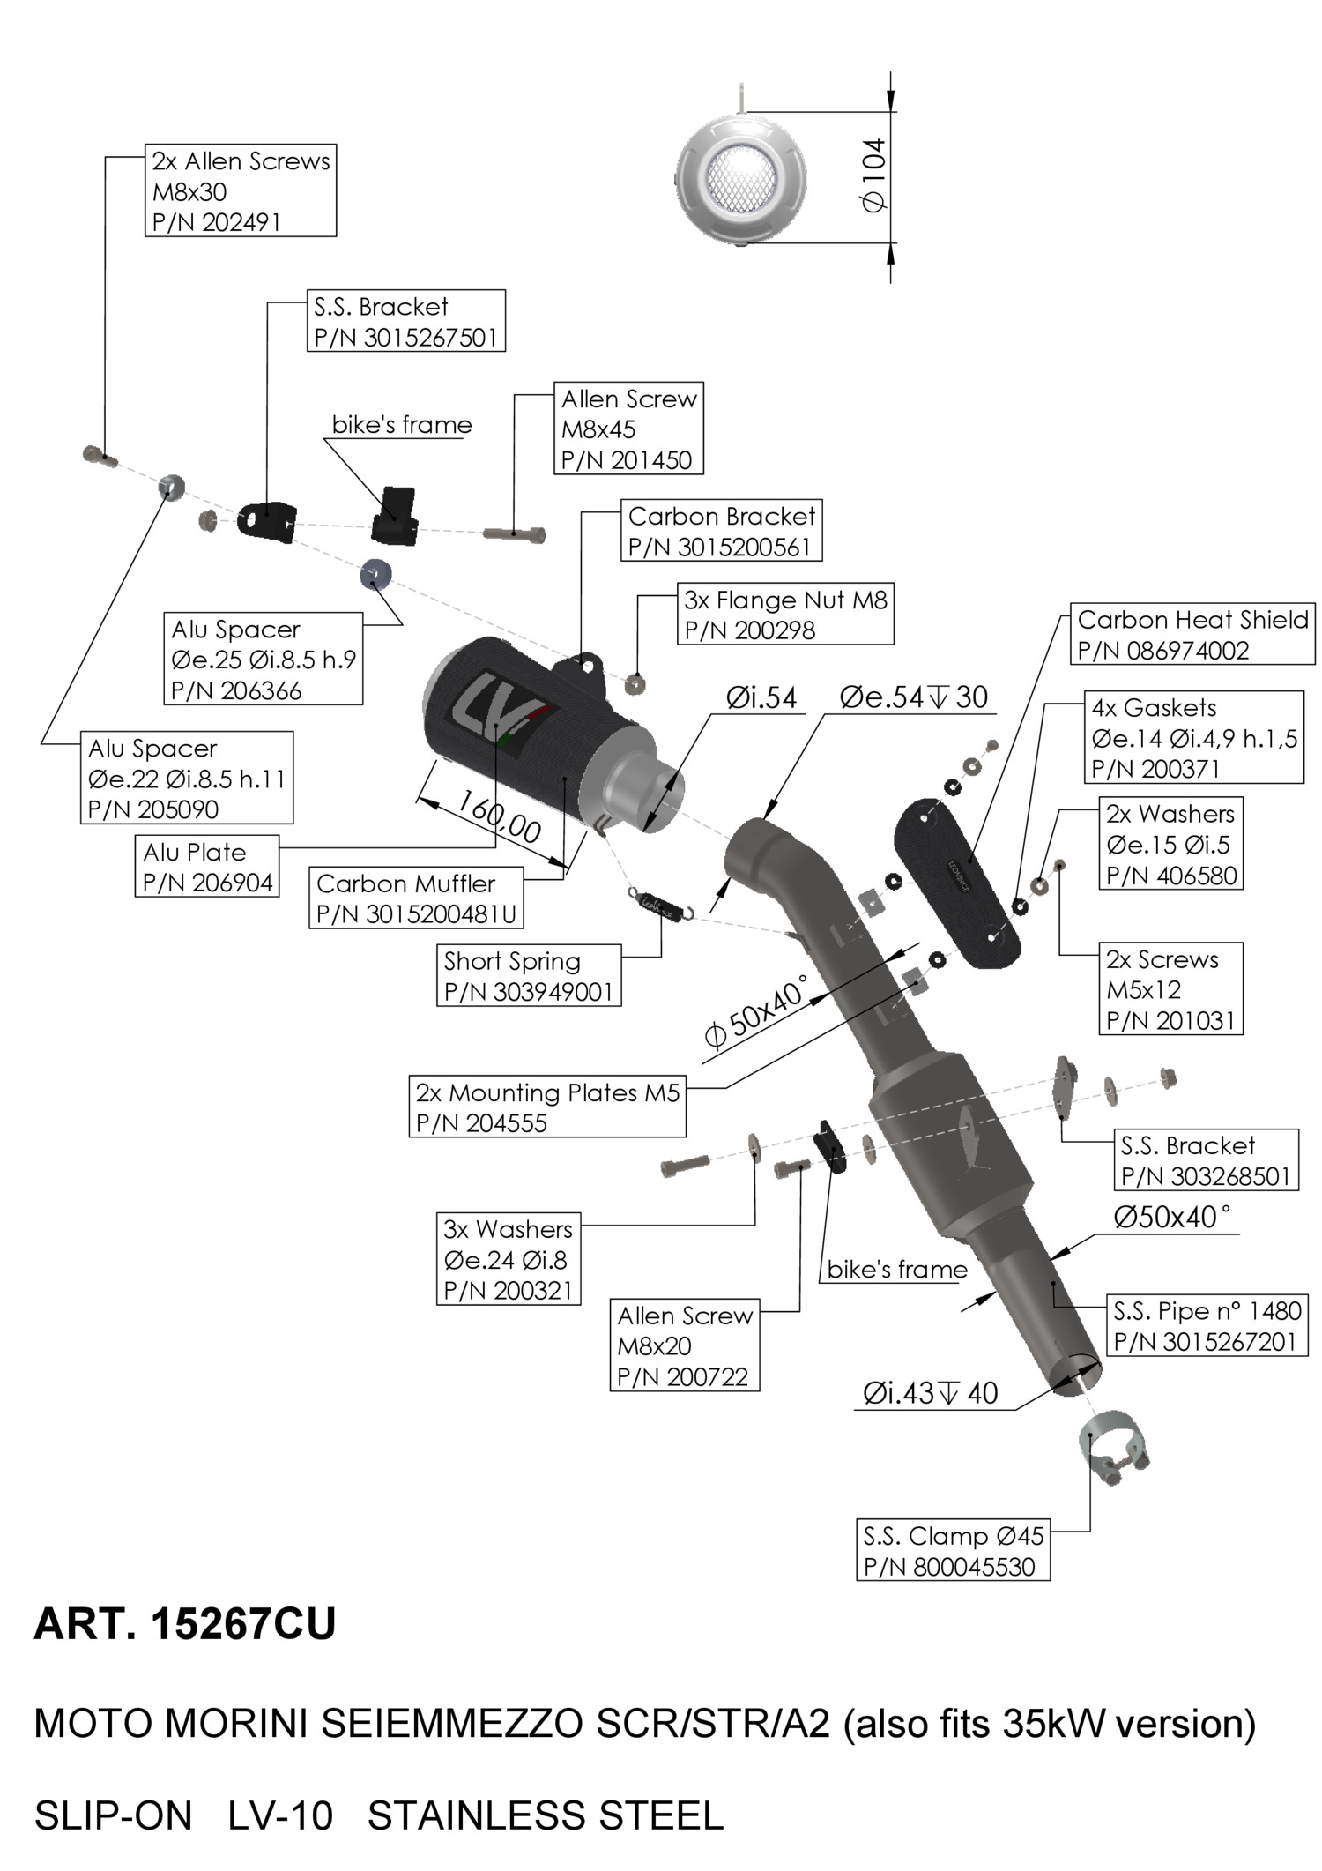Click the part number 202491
click(x=240, y=222)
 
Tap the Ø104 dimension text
click(x=874, y=176)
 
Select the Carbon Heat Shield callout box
click(x=1192, y=635)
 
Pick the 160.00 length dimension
click(x=499, y=817)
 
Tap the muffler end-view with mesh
click(x=741, y=176)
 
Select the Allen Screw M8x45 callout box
click(x=628, y=429)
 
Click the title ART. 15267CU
click(x=185, y=1624)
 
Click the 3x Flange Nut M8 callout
click(x=785, y=615)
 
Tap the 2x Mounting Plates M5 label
click(x=547, y=1107)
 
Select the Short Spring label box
click(x=529, y=976)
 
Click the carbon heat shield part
click(x=958, y=882)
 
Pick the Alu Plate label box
click(x=207, y=867)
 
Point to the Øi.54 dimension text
click(x=761, y=698)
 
